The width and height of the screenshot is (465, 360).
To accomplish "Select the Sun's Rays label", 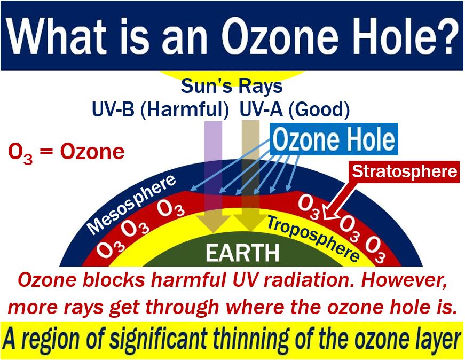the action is [232, 86].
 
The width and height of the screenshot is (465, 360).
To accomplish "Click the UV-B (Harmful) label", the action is [161, 109].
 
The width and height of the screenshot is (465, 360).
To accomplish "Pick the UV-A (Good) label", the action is [295, 109].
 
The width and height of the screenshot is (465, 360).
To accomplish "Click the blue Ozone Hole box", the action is [334, 139].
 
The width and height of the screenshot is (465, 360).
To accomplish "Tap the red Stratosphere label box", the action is [405, 171].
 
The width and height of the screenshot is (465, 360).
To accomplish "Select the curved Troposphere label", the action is [313, 238].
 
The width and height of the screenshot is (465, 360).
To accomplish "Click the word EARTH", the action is [242, 253].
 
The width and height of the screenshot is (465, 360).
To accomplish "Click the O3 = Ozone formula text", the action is [66, 152].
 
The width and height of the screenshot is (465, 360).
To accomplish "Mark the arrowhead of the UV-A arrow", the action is [250, 223].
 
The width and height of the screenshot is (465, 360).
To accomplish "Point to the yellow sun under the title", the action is [232, 75].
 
